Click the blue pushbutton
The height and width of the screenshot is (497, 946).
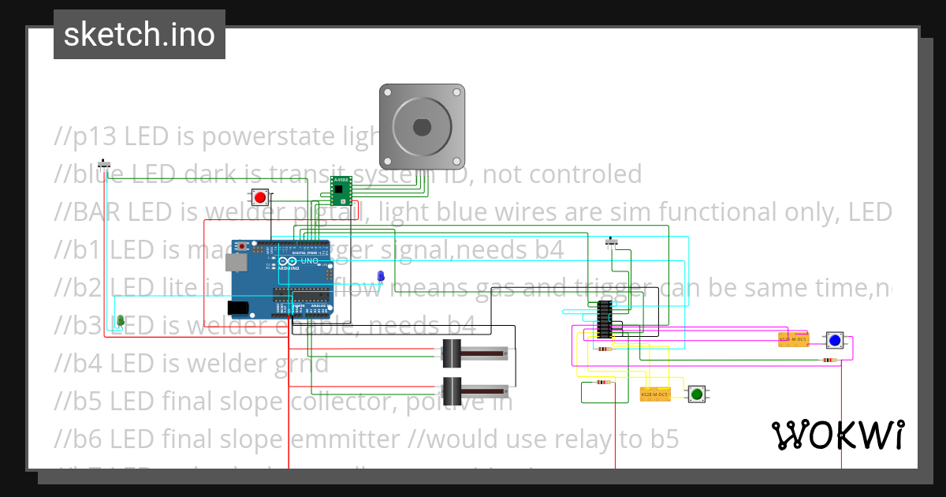(834, 340)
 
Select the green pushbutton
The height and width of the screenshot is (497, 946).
(696, 394)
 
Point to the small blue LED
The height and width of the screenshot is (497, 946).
(381, 276)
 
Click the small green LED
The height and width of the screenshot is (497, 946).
(121, 319)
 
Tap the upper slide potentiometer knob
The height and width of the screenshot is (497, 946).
(453, 353)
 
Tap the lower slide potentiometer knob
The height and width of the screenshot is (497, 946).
(453, 390)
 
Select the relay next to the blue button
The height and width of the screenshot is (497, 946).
(793, 339)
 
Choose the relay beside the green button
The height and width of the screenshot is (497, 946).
(654, 394)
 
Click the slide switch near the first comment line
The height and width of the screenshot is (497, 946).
(104, 165)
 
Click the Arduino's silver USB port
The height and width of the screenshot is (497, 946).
(236, 261)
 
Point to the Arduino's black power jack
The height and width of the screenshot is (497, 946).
(238, 307)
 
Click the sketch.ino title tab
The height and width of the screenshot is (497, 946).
(140, 35)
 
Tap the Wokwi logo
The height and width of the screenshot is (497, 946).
(837, 435)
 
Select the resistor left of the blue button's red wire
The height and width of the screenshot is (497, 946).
(829, 361)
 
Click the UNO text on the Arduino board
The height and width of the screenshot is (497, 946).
(309, 261)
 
